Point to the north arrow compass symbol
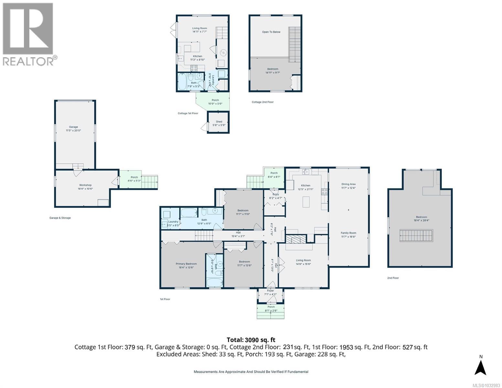point(481,367)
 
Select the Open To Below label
point(271,32)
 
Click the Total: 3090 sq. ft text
point(251,340)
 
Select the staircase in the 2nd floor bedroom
point(416,235)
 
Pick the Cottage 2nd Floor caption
point(262,102)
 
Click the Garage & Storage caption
point(60,218)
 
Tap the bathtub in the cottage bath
point(182,82)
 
